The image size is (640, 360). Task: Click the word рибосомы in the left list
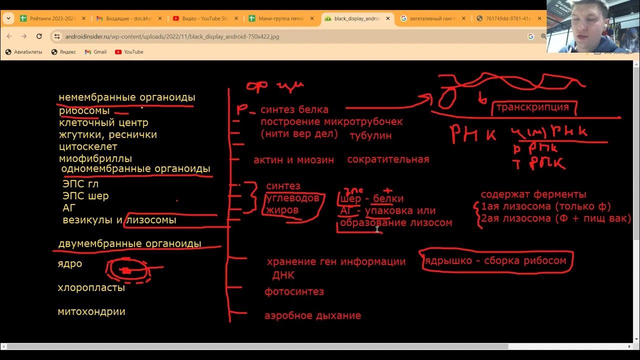tap(84, 111)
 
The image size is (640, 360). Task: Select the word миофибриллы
tap(95, 159)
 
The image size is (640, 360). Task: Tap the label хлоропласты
tap(91, 288)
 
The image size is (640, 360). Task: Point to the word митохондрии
tap(91, 312)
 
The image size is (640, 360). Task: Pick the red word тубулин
tap(370, 135)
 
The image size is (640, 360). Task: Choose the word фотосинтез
tap(294, 291)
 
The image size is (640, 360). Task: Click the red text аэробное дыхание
tap(312, 316)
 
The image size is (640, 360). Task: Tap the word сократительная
tap(388, 159)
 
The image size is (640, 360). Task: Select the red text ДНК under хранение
tap(283, 275)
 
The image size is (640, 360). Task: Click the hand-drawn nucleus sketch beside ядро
tap(128, 270)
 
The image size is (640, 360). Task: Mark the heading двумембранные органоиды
tap(129, 244)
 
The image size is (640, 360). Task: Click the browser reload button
tap(39, 36)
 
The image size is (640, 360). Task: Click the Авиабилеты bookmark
tap(23, 52)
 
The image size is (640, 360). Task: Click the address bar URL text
tap(172, 36)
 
